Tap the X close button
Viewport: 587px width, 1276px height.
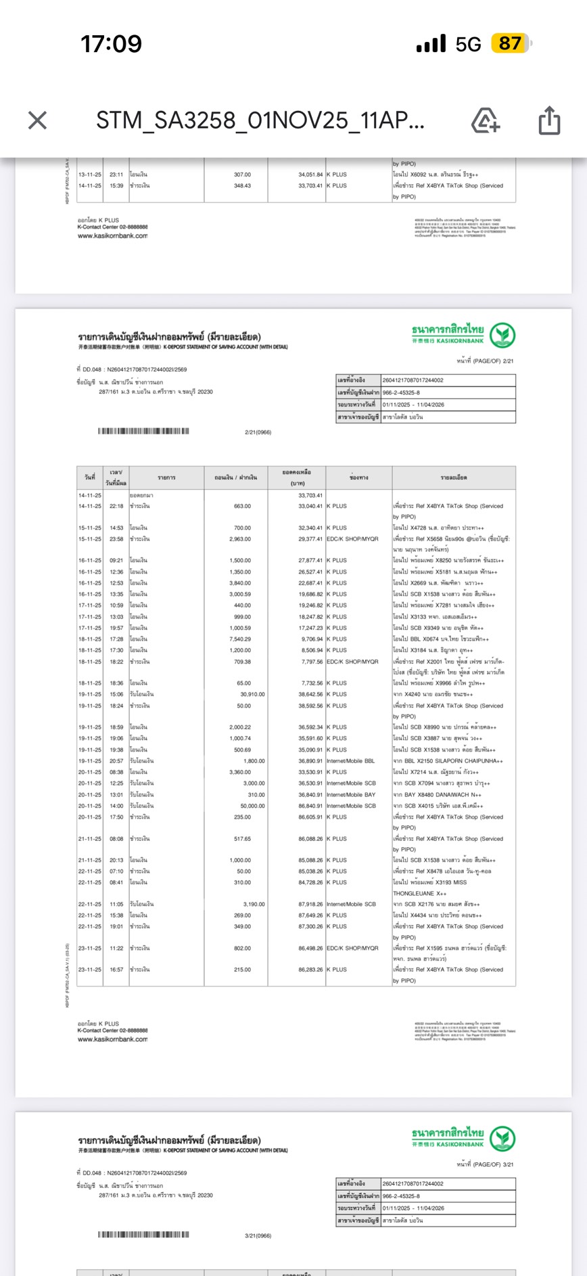pos(38,121)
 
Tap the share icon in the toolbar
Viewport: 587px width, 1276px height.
pos(549,121)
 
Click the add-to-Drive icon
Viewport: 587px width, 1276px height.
pos(485,121)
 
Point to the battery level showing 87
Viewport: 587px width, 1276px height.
pos(511,44)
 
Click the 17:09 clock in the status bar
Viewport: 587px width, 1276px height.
pos(111,44)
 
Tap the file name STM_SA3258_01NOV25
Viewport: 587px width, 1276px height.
pos(260,121)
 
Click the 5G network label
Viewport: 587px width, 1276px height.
pos(468,45)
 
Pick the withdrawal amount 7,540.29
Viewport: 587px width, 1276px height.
pos(240,639)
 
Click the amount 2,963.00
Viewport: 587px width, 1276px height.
pos(240,539)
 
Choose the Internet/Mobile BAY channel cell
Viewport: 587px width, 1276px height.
pos(351,795)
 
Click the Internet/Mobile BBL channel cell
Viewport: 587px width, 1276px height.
pos(350,761)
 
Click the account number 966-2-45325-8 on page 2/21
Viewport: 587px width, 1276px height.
pos(401,392)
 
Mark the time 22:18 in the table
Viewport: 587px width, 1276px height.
pos(116,506)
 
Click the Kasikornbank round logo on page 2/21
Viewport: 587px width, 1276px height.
pos(502,335)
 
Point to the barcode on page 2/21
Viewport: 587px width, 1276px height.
pos(143,431)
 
